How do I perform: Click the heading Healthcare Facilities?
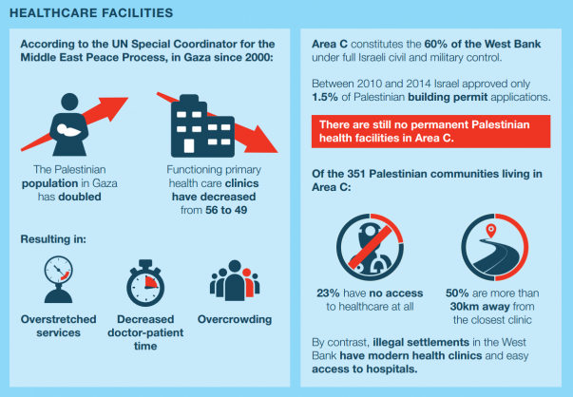point(91,12)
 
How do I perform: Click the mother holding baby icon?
point(69,124)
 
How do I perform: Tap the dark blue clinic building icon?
point(202,126)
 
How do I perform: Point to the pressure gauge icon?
point(59,279)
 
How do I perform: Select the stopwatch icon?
point(145,283)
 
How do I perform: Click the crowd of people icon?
point(235,280)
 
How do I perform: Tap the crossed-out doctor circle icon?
point(370,247)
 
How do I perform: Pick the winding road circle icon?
point(494,247)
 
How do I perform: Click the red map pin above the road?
point(491,231)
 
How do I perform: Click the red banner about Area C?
point(430,131)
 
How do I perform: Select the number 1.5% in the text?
point(324,97)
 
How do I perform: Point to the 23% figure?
point(328,293)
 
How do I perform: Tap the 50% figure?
point(457,293)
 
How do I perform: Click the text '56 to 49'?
point(226,210)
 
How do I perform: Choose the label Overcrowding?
point(235,319)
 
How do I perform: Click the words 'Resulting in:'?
point(53,239)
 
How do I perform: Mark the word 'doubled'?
point(80,197)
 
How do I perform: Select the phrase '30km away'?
point(480,307)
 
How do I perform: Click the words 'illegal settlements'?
point(421,342)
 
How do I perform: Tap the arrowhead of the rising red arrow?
point(115,107)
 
